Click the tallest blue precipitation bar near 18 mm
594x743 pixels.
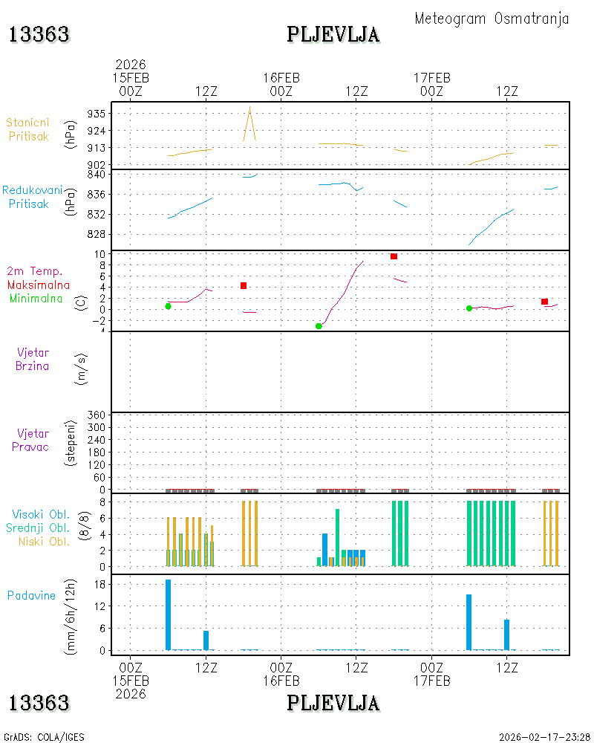click(168, 614)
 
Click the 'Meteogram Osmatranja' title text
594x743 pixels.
click(492, 19)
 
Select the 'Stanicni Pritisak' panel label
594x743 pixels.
click(28, 129)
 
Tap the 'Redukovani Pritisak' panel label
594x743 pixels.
click(32, 197)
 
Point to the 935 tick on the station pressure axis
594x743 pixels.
click(97, 114)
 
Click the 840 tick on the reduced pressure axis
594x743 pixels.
click(97, 175)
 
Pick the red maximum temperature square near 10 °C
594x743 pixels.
click(394, 256)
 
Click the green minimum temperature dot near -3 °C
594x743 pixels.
click(319, 326)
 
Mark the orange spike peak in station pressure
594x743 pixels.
click(249, 107)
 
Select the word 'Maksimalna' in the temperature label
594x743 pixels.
click(39, 285)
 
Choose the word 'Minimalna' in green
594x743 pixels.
click(36, 299)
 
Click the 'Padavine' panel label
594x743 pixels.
click(31, 596)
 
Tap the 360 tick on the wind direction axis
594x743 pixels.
click(97, 415)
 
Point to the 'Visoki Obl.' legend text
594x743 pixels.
click(41, 514)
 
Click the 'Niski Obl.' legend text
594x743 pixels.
click(44, 541)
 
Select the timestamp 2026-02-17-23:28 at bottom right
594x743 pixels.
click(544, 737)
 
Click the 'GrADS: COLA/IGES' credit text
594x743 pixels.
click(44, 737)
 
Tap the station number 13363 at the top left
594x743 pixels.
click(39, 35)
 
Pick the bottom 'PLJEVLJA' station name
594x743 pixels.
click(333, 703)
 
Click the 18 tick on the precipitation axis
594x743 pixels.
click(99, 584)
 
